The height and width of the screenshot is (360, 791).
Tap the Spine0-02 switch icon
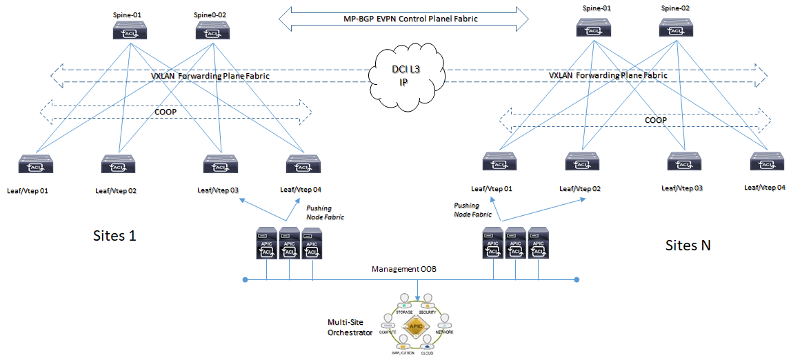(208, 29)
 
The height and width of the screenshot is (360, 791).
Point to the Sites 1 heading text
(114, 235)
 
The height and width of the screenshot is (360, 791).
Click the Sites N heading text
(688, 245)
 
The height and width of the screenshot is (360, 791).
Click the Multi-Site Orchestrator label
(350, 328)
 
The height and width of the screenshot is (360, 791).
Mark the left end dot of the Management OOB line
(245, 280)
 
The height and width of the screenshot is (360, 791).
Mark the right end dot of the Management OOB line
(577, 280)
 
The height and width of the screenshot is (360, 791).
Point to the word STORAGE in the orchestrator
(404, 312)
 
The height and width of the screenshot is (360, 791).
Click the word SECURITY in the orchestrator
(428, 312)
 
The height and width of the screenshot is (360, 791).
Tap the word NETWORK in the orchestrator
(445, 332)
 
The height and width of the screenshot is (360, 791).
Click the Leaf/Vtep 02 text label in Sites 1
(115, 190)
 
